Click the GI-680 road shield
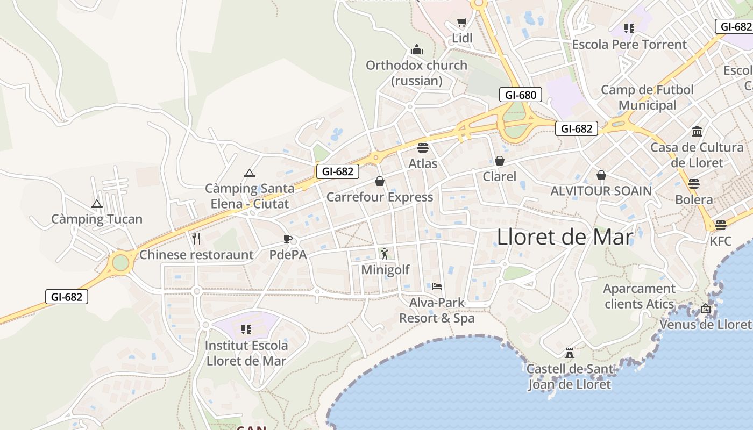click(521, 95)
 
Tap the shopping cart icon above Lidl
click(461, 22)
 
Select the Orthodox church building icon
click(417, 50)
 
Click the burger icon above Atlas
click(423, 147)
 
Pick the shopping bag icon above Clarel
click(500, 161)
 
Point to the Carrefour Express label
click(380, 197)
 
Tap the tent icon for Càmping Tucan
click(97, 204)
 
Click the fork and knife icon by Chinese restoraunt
click(196, 238)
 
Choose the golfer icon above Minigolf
click(385, 253)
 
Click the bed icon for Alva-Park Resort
click(437, 286)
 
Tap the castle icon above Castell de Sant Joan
click(570, 353)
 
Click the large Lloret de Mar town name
click(565, 236)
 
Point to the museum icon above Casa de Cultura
click(698, 131)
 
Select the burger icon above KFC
click(721, 225)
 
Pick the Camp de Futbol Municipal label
click(648, 97)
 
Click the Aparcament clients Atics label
click(639, 296)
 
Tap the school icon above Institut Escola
click(246, 329)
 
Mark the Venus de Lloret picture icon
click(706, 309)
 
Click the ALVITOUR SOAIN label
click(601, 191)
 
